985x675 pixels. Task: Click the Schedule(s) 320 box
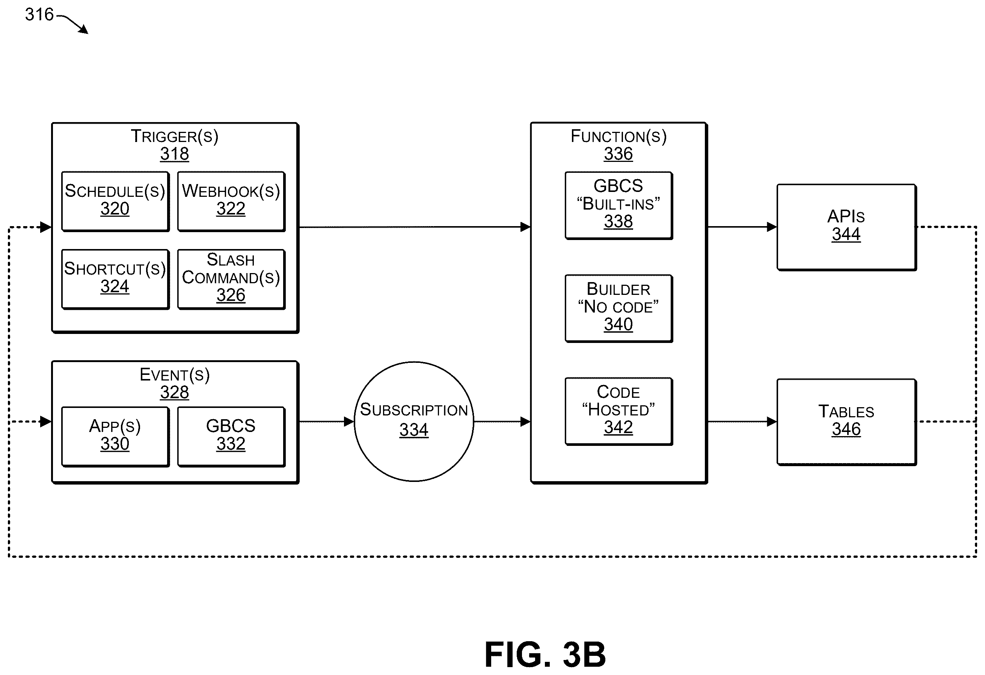115,201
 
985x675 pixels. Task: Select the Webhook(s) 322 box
231,201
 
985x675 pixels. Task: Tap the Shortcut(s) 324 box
115,279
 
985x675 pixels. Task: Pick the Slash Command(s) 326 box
231,279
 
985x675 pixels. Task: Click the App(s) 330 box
115,437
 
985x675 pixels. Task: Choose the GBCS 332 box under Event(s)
231,437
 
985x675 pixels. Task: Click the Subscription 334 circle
414,421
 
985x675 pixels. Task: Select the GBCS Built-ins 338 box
619,205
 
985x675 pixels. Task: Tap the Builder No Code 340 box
619,308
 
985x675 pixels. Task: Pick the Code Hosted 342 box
619,411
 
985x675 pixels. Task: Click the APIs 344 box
847,227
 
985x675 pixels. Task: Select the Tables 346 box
847,422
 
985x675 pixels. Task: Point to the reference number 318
175,154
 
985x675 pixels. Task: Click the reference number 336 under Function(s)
618,154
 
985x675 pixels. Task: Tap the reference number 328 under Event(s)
175,392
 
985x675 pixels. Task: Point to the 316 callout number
39,14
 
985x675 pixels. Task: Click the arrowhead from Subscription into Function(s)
526,421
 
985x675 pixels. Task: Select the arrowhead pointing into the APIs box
772,227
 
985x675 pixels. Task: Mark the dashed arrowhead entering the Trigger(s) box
46,227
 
